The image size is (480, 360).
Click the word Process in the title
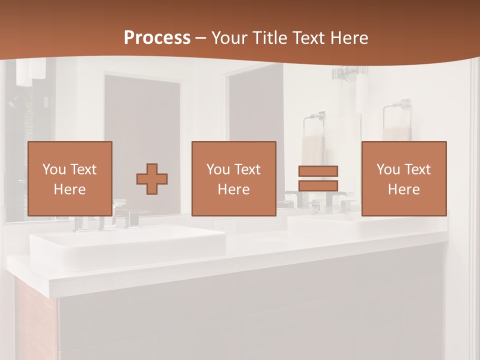point(157,38)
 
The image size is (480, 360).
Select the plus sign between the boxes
point(152,179)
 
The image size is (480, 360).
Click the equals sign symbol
point(318,178)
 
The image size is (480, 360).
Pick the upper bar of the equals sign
point(318,171)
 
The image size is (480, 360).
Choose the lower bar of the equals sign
point(318,185)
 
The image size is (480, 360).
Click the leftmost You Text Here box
point(70,179)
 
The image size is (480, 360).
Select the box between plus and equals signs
point(234,179)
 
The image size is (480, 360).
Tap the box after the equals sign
point(404,179)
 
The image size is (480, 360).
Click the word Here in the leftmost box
point(70,189)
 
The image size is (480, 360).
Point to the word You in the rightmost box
point(387,169)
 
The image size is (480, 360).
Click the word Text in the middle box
point(247,169)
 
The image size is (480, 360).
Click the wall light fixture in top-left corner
point(30,71)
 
